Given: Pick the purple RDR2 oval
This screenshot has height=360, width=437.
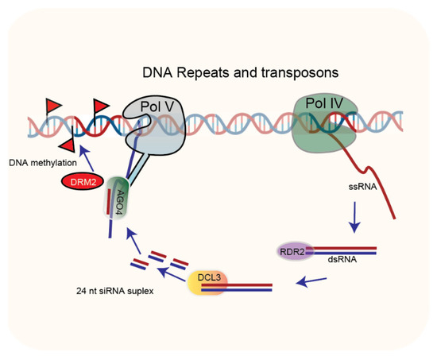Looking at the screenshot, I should click(292, 252).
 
